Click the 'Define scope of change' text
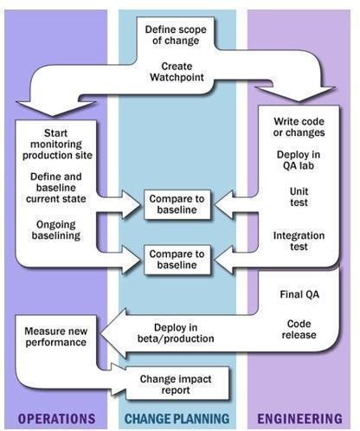coord(176,35)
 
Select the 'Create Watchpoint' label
coord(177,72)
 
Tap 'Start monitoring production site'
coord(57,144)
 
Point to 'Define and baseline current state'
coord(56,188)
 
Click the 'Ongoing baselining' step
coord(56,229)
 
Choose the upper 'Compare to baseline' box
coord(177,204)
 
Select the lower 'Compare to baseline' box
coord(177,260)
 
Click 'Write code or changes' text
coord(299,127)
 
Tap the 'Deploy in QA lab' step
coord(299,160)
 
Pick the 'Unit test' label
coord(299,196)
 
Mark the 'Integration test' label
coord(299,241)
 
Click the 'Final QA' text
coord(299,294)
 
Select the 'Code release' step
coord(299,329)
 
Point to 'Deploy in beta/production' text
coord(176,333)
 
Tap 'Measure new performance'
coord(56,337)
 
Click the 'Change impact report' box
coord(176,384)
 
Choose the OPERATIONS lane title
coord(56,419)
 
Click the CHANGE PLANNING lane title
coord(177,419)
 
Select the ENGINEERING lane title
coord(299,419)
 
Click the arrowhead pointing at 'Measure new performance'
coord(114,333)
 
